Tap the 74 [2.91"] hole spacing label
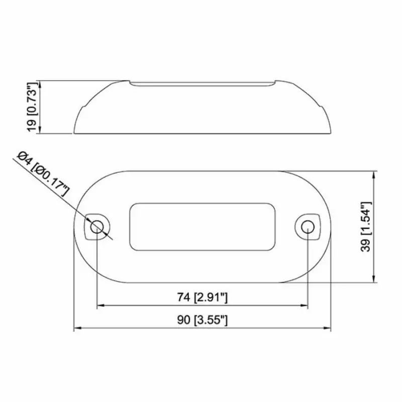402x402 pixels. click(203, 297)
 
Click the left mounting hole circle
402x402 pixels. click(97, 227)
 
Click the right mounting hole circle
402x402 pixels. click(308, 227)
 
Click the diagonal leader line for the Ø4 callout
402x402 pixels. click(70, 203)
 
